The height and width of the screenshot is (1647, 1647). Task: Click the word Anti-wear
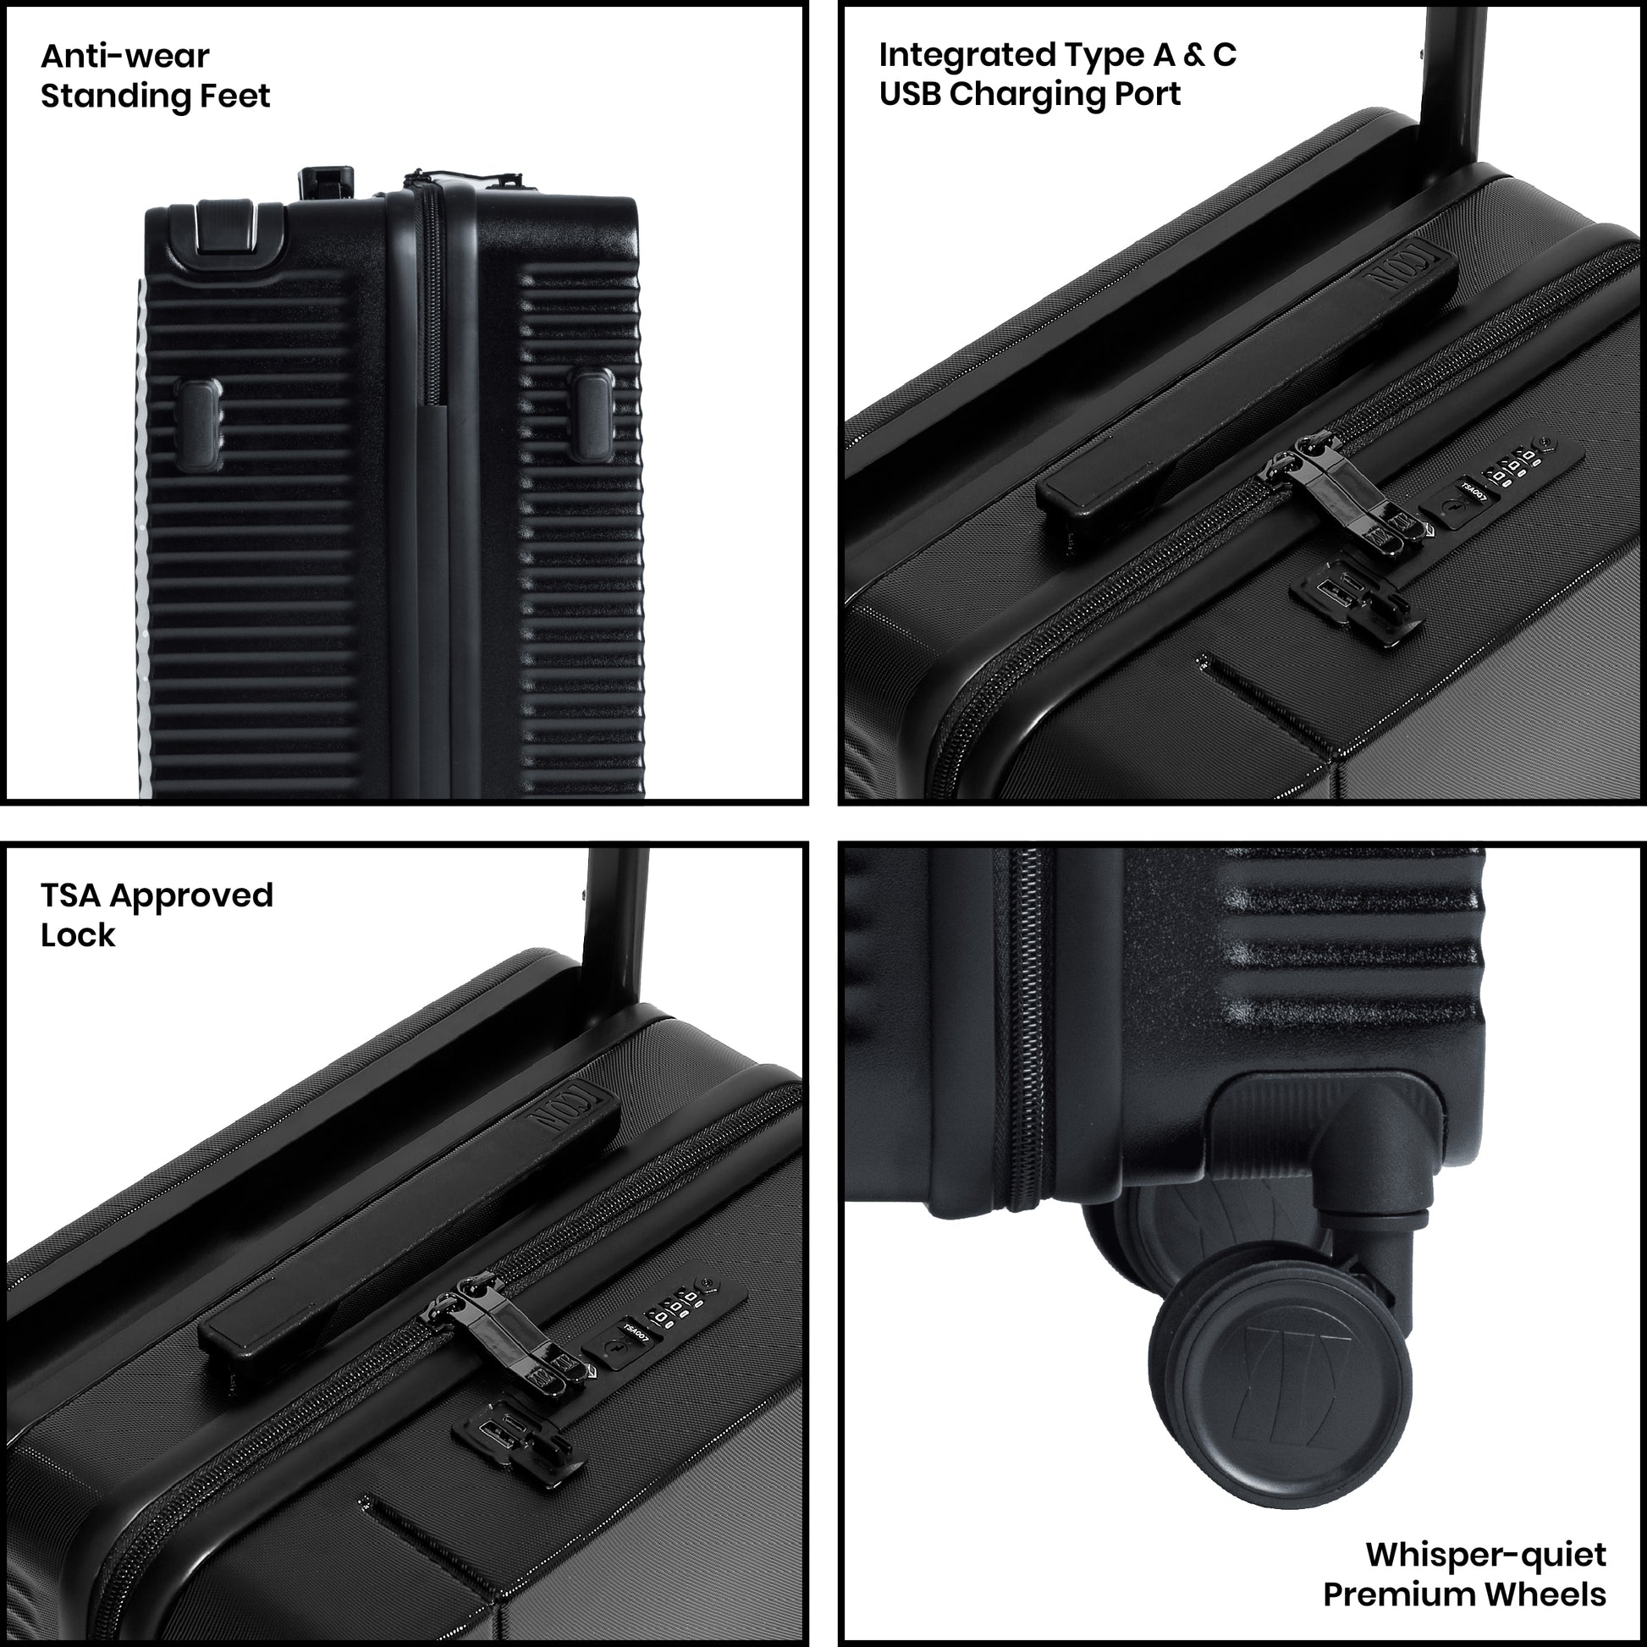124,56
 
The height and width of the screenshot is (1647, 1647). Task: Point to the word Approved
191,897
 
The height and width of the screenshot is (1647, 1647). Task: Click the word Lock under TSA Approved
78,935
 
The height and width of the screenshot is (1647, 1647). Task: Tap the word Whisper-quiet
1485,1554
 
